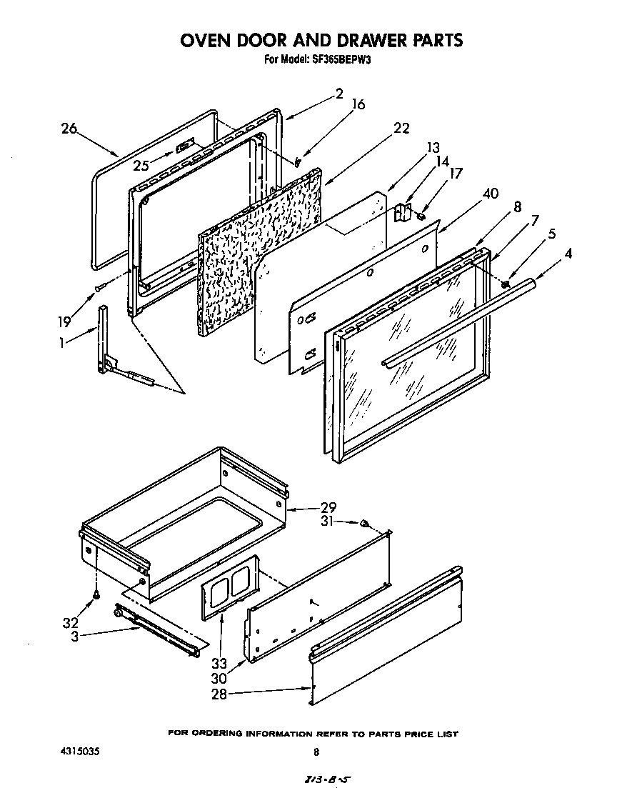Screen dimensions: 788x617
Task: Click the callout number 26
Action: pyautogui.click(x=69, y=129)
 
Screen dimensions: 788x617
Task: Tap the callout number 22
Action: pyautogui.click(x=401, y=128)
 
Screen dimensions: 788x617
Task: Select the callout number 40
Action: pyautogui.click(x=490, y=194)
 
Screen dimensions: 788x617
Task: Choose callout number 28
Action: pyautogui.click(x=219, y=694)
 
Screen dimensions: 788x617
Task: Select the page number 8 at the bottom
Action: pyautogui.click(x=316, y=752)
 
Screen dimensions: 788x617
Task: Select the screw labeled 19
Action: pyautogui.click(x=101, y=287)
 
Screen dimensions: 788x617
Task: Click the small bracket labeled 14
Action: pyautogui.click(x=401, y=212)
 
